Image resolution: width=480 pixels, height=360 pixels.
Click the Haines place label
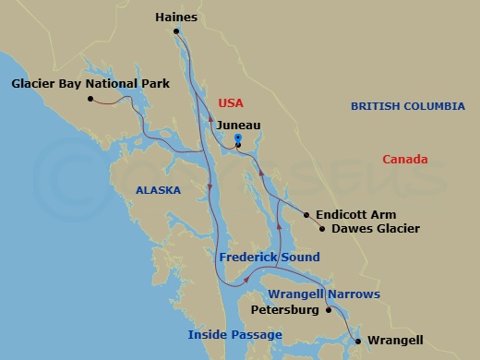[x=177, y=17]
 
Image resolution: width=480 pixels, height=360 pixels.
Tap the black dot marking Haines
[x=176, y=31]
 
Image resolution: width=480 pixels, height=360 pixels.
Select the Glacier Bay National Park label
[x=90, y=84]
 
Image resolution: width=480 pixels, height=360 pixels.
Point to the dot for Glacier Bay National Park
[x=90, y=99]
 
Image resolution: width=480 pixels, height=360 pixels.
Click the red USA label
[x=231, y=103]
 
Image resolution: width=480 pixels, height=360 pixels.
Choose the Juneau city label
[x=238, y=125]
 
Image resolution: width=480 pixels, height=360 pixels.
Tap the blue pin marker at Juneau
[x=238, y=140]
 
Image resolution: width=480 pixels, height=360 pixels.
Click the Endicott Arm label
[x=350, y=214]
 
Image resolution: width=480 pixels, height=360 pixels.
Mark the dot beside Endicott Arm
[x=306, y=214]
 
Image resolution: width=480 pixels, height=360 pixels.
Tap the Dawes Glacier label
[x=375, y=228]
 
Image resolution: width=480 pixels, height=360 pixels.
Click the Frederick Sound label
[x=270, y=257]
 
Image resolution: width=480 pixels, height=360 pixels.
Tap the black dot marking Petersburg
[x=328, y=310]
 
